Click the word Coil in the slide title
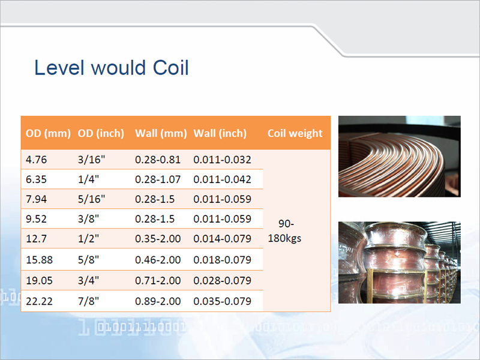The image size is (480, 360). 170,68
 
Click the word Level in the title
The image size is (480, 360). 59,68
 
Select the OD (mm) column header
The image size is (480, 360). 48,133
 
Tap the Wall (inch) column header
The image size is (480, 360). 220,133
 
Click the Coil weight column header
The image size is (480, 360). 295,133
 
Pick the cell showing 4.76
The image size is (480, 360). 36,160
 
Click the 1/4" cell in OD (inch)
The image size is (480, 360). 88,179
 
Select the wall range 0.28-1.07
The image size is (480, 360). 158,179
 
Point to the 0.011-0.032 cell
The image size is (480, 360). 222,160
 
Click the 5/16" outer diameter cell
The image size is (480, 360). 91,199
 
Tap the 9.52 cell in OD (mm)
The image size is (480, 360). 36,219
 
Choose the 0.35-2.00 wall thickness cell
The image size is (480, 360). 158,239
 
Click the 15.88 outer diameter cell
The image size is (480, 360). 39,260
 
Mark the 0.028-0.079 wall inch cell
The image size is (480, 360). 222,280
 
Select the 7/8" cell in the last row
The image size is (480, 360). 88,301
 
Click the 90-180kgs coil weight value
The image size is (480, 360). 284,231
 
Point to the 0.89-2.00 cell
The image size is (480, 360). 158,301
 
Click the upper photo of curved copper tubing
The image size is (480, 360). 399,157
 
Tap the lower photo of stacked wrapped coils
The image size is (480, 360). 399,263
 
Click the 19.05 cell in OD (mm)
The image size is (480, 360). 39,280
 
